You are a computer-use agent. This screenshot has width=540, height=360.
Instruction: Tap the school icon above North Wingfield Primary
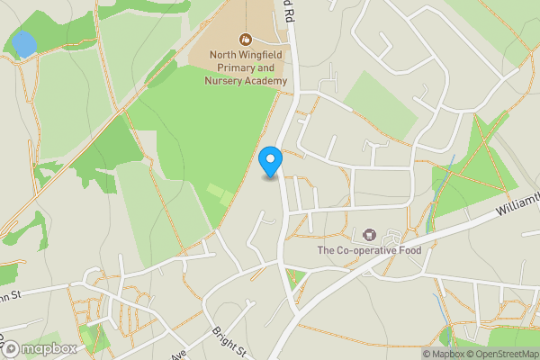click(246, 39)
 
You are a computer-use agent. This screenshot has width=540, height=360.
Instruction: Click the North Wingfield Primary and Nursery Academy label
click(248, 67)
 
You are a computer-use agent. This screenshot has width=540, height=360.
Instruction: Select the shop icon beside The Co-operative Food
click(368, 234)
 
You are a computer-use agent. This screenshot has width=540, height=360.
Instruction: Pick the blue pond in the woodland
click(22, 42)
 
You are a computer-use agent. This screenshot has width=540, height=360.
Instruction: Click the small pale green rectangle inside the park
click(216, 192)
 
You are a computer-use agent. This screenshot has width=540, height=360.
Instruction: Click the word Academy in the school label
click(267, 80)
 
